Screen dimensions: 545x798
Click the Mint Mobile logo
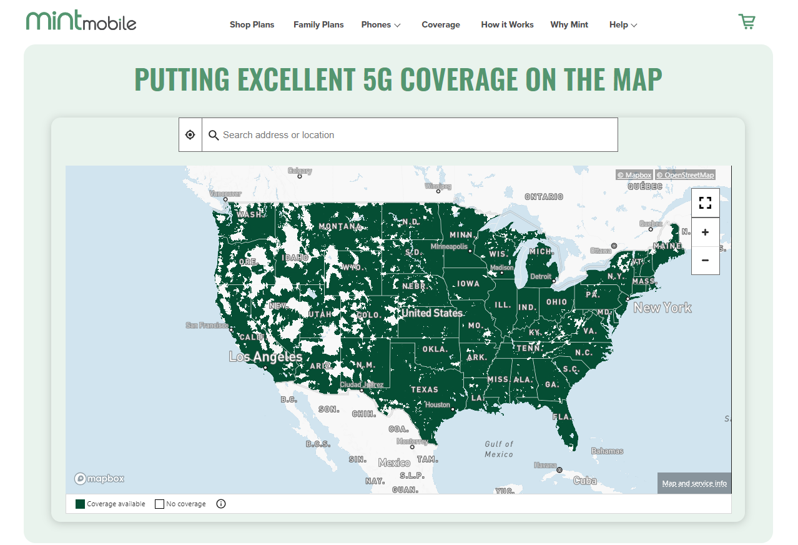[81, 21]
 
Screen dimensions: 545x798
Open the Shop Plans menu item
[252, 25]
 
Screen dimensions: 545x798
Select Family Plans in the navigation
[318, 25]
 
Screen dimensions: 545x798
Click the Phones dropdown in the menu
[381, 25]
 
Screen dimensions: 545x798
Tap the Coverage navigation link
[441, 25]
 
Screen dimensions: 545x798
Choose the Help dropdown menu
[623, 25]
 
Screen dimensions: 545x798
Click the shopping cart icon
[747, 22]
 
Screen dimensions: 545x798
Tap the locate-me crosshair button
[190, 135]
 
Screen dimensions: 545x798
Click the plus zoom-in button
[705, 232]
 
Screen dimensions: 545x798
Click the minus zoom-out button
[705, 260]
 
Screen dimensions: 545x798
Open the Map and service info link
[694, 483]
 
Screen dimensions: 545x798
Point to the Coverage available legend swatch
[80, 504]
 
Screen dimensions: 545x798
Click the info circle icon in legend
[220, 504]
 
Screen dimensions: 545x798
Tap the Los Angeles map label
[265, 357]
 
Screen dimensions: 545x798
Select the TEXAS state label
[425, 389]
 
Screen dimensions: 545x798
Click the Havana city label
[545, 465]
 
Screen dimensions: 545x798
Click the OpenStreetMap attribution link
[684, 175]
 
